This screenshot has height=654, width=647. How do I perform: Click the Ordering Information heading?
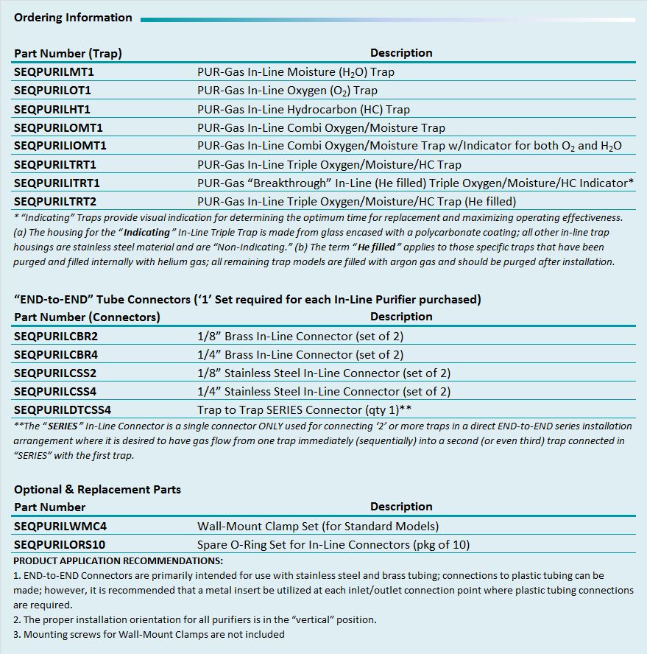(73, 18)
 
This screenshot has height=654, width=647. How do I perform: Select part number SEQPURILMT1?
(54, 72)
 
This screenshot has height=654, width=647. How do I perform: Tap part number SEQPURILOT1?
(52, 91)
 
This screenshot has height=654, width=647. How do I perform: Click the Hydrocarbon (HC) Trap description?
(303, 109)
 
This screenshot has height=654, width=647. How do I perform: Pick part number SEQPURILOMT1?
(58, 127)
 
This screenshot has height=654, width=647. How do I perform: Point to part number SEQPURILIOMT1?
(60, 146)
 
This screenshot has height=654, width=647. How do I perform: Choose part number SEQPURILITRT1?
(57, 183)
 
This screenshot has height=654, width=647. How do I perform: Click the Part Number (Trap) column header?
(68, 53)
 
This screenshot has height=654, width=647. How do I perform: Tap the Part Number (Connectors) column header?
(87, 317)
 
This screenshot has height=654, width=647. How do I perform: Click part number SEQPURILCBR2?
(56, 336)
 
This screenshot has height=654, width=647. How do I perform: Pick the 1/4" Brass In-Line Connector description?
(300, 354)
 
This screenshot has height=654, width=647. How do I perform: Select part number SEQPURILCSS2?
(55, 373)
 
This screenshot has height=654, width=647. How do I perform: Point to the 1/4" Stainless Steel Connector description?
(323, 391)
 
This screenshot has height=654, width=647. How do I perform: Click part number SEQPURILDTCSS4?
(63, 409)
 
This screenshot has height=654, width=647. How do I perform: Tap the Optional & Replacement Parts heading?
(97, 489)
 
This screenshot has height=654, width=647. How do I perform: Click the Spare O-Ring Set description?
(333, 545)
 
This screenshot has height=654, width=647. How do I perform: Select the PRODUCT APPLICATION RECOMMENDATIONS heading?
(118, 561)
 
